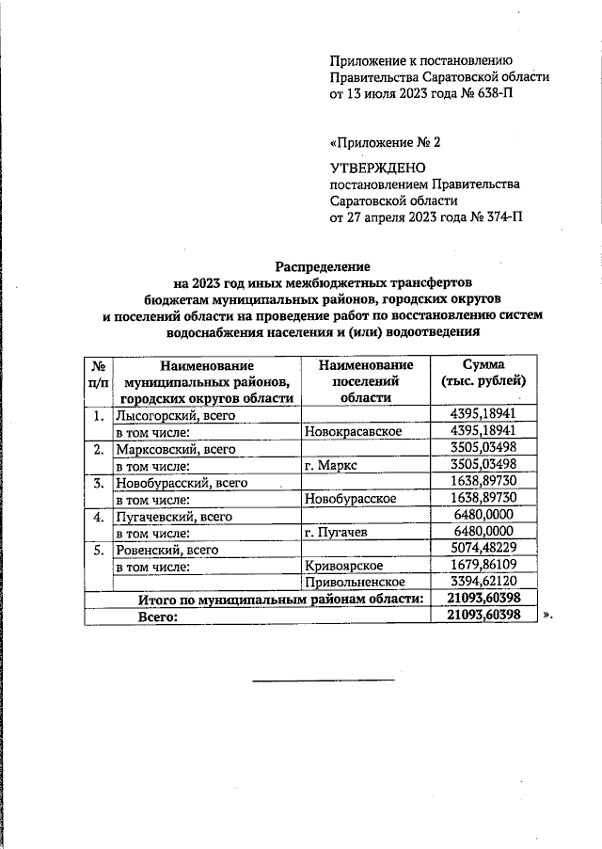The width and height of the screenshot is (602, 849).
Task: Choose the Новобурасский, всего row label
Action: click(x=180, y=482)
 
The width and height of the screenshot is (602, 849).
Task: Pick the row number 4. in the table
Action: click(x=98, y=516)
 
